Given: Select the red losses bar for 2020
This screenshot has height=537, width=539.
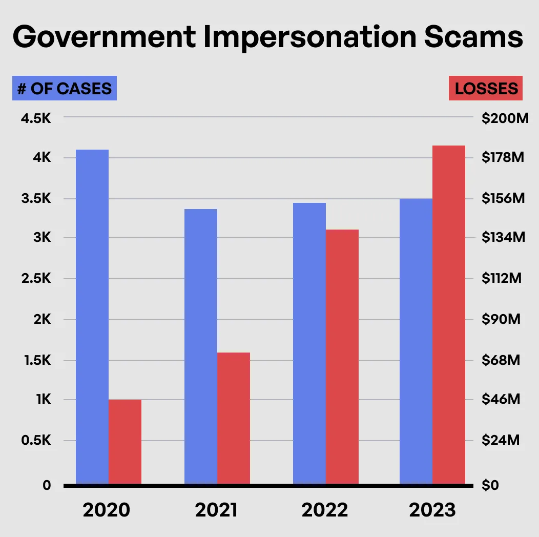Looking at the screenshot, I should [x=125, y=442].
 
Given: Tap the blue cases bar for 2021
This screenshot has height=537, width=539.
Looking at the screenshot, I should [x=201, y=346].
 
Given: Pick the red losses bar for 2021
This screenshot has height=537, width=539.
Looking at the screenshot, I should [x=234, y=418].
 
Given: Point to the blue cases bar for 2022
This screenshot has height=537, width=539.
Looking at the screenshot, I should [x=309, y=343].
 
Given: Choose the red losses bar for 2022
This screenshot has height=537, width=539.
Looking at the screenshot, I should [x=342, y=357].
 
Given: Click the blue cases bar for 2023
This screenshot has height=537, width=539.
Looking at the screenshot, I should [x=416, y=341].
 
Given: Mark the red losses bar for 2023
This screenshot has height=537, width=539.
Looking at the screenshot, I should [x=449, y=315].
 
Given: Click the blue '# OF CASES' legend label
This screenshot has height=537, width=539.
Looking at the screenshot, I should [x=65, y=88].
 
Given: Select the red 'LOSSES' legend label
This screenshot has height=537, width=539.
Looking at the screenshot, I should [x=486, y=88].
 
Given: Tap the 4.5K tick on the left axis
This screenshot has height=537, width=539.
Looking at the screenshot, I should [x=35, y=119].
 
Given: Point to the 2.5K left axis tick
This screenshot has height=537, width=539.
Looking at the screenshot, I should [x=35, y=279].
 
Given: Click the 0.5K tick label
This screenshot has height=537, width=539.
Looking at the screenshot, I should [x=35, y=441].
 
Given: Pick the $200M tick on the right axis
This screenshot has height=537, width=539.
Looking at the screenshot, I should [x=505, y=119].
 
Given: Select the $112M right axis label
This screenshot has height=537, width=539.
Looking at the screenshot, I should [x=502, y=279].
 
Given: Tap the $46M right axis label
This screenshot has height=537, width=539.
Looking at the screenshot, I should [x=501, y=399].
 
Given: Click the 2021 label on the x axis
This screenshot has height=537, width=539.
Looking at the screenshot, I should [x=216, y=510].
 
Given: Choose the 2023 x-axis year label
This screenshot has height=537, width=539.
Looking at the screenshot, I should [x=432, y=510].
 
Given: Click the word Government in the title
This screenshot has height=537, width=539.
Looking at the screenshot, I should [x=103, y=38].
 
